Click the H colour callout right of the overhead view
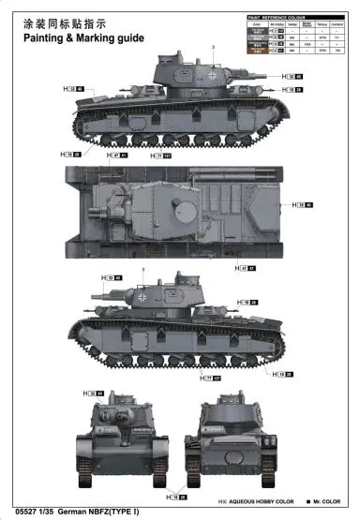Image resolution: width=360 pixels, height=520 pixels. (303, 203)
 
